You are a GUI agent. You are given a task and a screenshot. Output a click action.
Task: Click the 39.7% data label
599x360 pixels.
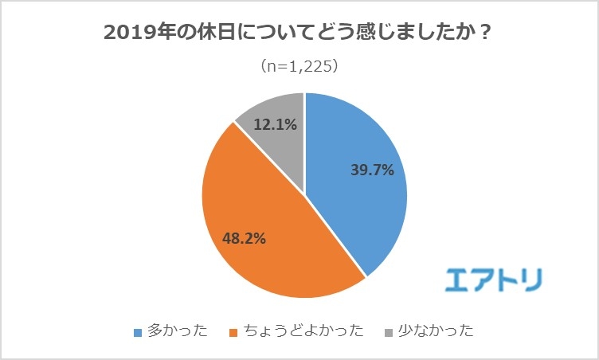coord(372,170)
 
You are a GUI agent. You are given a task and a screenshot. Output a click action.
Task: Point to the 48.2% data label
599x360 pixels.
coord(243,237)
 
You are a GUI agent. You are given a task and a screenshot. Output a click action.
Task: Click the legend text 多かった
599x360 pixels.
coord(176,331)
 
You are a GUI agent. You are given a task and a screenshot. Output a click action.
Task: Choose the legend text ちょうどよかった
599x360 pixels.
coord(305,331)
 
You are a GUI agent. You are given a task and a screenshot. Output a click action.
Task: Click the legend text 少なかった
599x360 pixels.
coord(434,331)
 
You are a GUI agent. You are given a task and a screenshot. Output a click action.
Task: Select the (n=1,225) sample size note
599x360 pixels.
coord(300,67)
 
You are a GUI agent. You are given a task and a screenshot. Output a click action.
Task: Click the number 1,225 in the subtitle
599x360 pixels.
coord(311,67)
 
